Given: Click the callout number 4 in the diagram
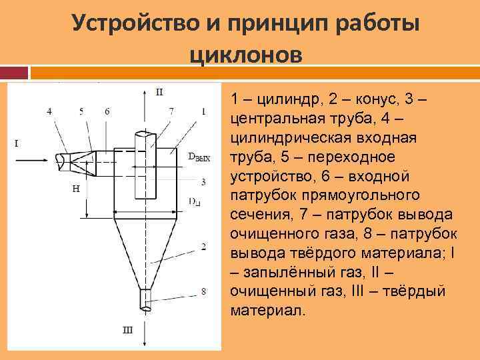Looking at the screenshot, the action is (49, 111).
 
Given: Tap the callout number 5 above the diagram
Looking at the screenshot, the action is (81, 111).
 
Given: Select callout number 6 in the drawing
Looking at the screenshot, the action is (107, 111).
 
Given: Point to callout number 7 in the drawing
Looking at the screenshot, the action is (171, 111).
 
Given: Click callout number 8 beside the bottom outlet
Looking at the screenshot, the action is (203, 291).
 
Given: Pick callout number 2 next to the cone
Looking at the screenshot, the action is (203, 247).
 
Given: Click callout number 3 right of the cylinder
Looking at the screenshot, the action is (203, 181).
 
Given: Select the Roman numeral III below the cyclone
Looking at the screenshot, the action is (127, 329).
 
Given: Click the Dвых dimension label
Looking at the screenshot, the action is (199, 158).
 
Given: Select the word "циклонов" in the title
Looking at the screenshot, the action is (246, 53).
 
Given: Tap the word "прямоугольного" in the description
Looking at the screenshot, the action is (360, 195).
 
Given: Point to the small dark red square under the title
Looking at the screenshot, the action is (14, 73).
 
